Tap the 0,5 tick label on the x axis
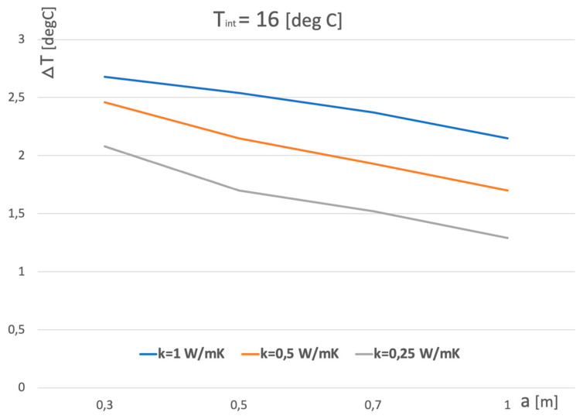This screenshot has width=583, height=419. click(238, 405)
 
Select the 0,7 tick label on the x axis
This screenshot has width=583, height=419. click(373, 405)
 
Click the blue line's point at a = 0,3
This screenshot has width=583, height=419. click(104, 77)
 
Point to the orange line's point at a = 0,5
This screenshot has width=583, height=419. click(238, 139)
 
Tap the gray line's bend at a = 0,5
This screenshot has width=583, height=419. click(238, 191)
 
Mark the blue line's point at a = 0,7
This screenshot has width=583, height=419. click(373, 112)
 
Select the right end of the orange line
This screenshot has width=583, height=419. click(507, 191)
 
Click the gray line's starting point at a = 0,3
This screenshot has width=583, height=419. click(104, 146)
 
